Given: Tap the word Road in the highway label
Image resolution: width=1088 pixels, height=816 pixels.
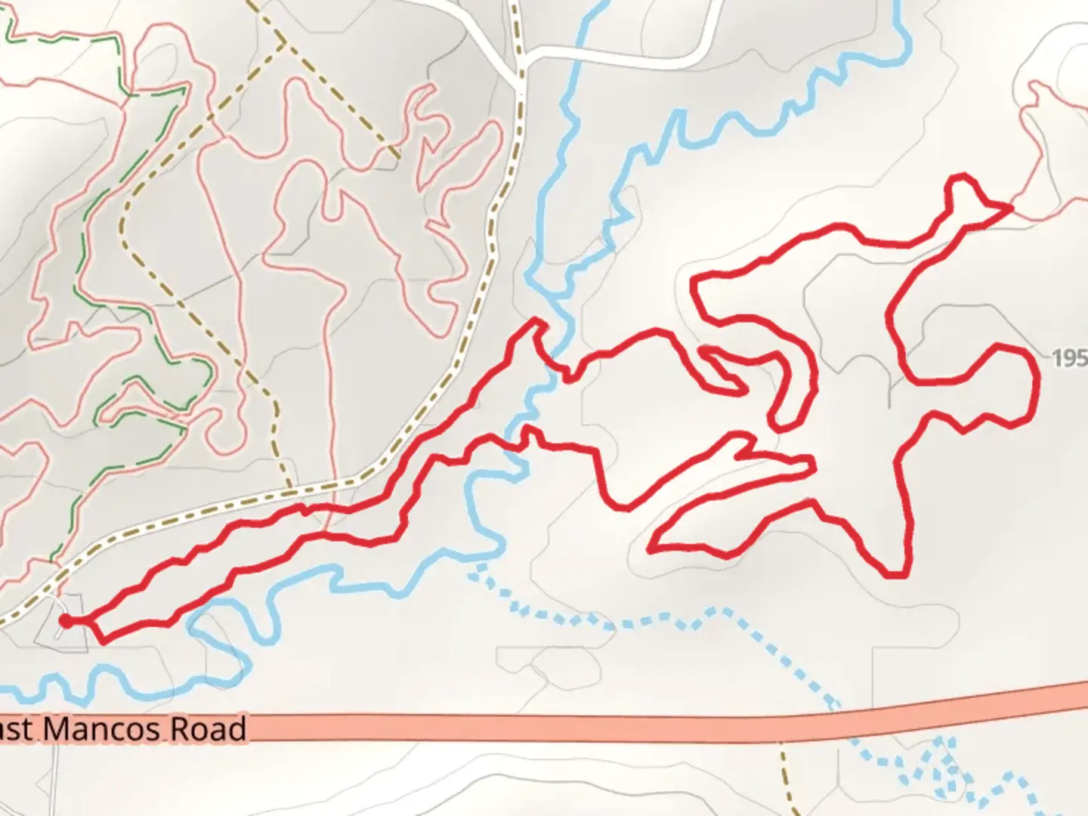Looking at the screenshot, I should tap(208, 729).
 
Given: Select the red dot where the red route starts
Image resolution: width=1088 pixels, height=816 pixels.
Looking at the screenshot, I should tap(66, 621).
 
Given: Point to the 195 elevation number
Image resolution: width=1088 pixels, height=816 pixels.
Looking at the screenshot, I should tap(1070, 357).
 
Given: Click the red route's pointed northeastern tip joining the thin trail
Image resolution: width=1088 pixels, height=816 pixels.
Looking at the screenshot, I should tap(1009, 206).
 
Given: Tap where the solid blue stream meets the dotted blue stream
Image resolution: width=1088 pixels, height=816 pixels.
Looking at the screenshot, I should tap(478, 565).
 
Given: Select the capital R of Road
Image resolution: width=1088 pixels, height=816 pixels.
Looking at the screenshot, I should tap(181, 729).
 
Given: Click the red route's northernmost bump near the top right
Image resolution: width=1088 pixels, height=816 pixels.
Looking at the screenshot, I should tap(961, 178).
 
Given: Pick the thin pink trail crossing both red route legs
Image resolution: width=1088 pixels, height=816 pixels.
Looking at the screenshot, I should tap(326, 521).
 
